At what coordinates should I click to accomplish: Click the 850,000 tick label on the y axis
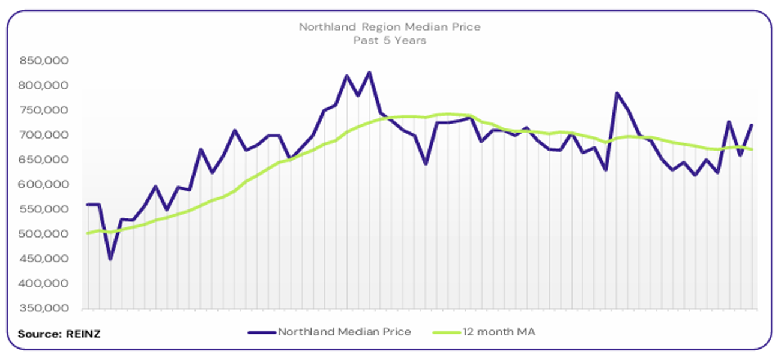[x=44, y=61]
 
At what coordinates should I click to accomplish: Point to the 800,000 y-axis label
[x=44, y=85]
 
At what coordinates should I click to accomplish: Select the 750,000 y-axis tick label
[x=44, y=110]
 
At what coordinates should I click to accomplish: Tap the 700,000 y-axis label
[x=44, y=135]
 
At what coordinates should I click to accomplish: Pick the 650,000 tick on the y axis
[x=44, y=160]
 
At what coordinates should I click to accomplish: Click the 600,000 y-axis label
[x=44, y=185]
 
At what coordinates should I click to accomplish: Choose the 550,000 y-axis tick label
[x=44, y=209]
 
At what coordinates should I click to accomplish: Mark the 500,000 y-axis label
[x=44, y=234]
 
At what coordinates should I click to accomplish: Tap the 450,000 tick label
[x=44, y=259]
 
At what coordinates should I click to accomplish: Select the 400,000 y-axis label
[x=44, y=284]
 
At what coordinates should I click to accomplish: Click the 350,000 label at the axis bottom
[x=44, y=308]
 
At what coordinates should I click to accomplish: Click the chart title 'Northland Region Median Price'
[x=390, y=27]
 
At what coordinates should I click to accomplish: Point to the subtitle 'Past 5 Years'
[x=390, y=41]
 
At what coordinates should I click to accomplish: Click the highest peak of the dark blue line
[x=369, y=73]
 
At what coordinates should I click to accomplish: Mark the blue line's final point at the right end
[x=752, y=125]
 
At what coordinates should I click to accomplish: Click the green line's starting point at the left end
[x=88, y=233]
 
